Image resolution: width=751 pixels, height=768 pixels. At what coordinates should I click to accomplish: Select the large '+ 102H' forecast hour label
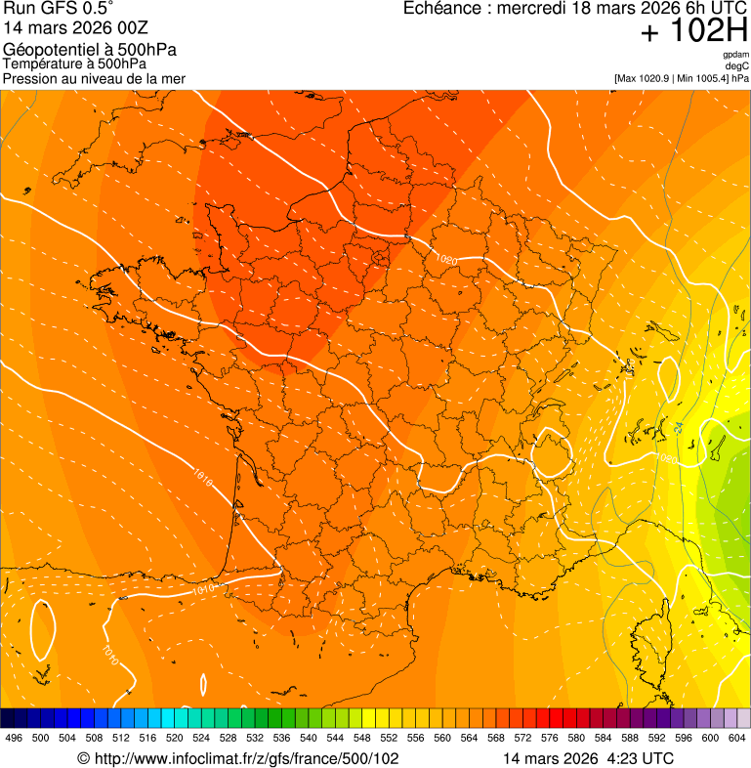point(694,32)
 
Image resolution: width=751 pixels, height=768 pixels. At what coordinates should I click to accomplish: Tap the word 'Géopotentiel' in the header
point(45,50)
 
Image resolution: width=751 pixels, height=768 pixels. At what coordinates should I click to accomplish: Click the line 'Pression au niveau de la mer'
point(94,78)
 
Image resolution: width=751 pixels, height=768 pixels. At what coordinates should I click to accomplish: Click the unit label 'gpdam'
point(735,55)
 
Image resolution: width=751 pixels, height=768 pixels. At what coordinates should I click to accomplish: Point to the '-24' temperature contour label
point(678,428)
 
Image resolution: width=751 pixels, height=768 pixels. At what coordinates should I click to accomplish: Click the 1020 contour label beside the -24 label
point(666,458)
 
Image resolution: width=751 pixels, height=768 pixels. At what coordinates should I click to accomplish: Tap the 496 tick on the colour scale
point(14,739)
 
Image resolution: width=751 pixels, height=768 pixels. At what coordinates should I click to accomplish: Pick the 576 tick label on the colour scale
point(550,739)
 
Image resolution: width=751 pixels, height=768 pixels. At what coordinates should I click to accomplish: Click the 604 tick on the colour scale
point(737,739)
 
